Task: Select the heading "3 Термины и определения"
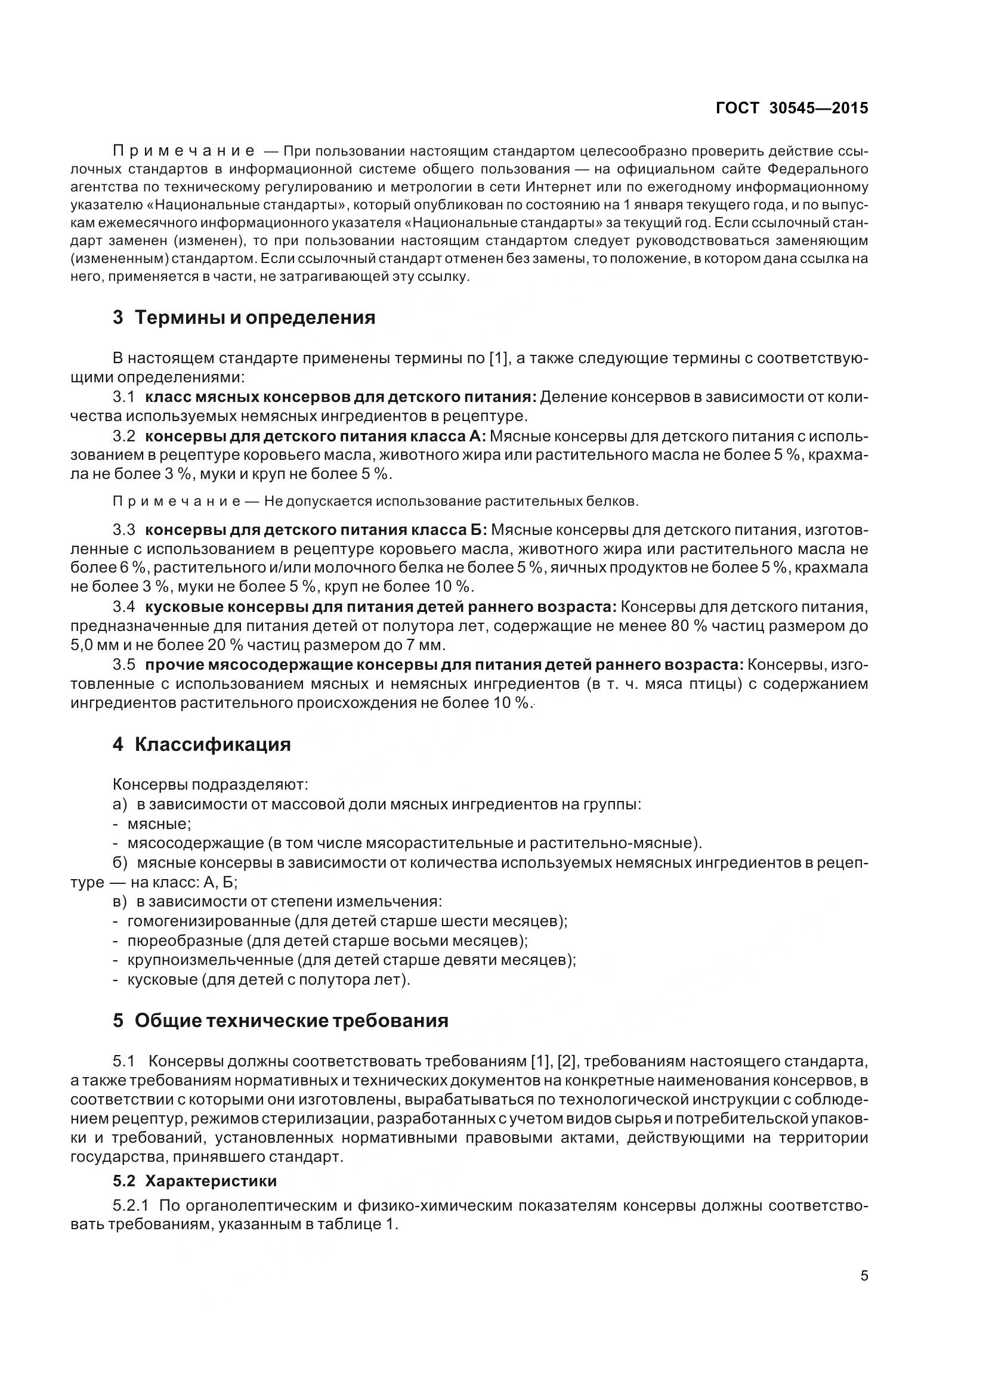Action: click(243, 317)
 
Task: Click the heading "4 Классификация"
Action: click(202, 744)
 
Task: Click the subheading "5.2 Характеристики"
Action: click(194, 1180)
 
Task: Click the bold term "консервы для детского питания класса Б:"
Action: click(317, 530)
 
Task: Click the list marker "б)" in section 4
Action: click(120, 864)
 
